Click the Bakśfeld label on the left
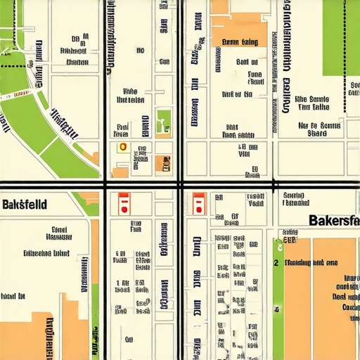click(x=25, y=205)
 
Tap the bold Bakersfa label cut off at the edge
click(x=334, y=219)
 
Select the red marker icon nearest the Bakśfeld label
click(x=123, y=202)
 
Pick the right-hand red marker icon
click(x=198, y=203)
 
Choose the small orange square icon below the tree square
click(x=163, y=163)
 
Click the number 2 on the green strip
click(x=276, y=262)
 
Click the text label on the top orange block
click(x=240, y=42)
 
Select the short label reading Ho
click(x=140, y=51)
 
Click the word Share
click(x=317, y=132)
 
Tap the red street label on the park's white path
click(x=20, y=93)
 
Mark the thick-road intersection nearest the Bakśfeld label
click(x=106, y=185)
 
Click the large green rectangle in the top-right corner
click(x=341, y=35)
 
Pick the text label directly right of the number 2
click(x=309, y=262)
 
